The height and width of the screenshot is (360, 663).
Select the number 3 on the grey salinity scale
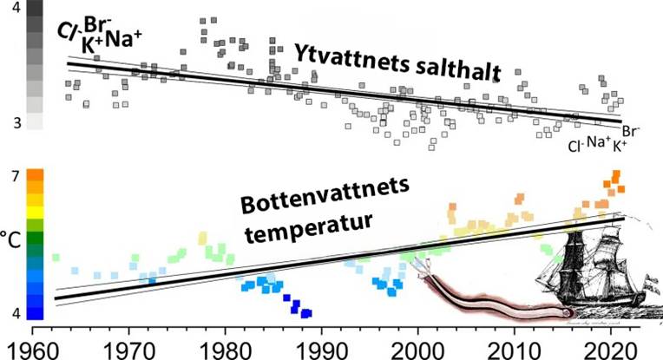(15, 124)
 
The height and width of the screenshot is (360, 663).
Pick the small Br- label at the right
(631, 133)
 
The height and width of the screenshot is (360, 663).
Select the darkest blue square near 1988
(305, 312)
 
